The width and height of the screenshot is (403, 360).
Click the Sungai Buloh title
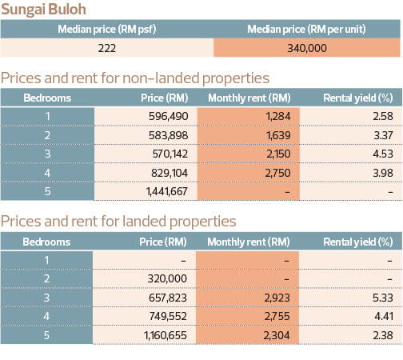click(43, 10)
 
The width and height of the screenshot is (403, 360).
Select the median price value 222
click(107, 48)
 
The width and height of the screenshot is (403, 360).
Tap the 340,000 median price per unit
click(307, 48)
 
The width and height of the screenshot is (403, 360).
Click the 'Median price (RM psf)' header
click(107, 29)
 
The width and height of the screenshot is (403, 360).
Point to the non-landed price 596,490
click(168, 116)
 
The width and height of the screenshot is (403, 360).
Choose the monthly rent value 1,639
click(278, 135)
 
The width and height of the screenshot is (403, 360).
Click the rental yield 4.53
click(383, 154)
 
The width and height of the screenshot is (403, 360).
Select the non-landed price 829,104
click(170, 173)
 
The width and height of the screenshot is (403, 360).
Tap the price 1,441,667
click(166, 191)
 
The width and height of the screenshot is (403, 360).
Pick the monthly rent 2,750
click(277, 173)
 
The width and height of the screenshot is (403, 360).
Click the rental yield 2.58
click(383, 116)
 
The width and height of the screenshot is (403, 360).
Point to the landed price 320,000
click(167, 278)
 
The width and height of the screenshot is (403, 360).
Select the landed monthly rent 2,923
click(277, 298)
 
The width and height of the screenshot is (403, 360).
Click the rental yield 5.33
click(383, 298)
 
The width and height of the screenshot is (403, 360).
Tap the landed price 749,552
click(168, 316)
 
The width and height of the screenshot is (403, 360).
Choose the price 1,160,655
click(166, 335)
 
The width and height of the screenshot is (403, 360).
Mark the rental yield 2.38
click(383, 335)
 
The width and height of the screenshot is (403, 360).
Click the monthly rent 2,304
click(277, 335)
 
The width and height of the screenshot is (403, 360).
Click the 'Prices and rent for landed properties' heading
click(118, 222)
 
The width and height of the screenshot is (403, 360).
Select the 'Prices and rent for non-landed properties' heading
click(135, 78)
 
